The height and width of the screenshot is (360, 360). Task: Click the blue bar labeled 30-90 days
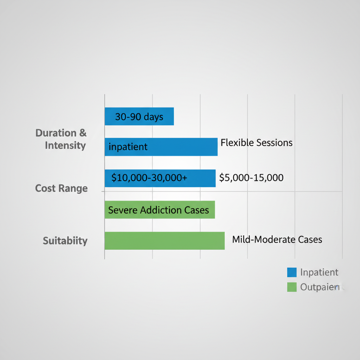click(139, 116)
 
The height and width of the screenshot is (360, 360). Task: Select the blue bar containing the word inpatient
click(161, 147)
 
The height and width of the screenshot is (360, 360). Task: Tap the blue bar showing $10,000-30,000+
click(160, 178)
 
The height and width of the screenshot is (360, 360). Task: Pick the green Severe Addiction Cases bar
click(160, 210)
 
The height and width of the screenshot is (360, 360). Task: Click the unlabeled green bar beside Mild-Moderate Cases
click(165, 241)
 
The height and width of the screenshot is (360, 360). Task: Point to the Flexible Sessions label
click(257, 143)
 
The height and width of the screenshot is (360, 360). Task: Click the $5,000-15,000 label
click(251, 178)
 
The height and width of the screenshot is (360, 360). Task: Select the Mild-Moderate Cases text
click(277, 240)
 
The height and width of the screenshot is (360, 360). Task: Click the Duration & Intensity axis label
click(61, 139)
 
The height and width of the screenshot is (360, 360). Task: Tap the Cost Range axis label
click(62, 188)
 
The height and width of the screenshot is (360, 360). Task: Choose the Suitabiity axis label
click(65, 241)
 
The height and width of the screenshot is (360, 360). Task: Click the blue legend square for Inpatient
click(292, 272)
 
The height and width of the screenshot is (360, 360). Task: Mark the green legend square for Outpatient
click(292, 287)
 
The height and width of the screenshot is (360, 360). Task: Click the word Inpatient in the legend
click(319, 272)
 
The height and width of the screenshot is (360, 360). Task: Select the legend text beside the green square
click(320, 287)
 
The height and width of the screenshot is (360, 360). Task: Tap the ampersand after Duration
click(83, 133)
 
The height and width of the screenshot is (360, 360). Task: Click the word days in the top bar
click(154, 117)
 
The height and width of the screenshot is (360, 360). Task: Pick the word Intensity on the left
click(65, 146)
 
